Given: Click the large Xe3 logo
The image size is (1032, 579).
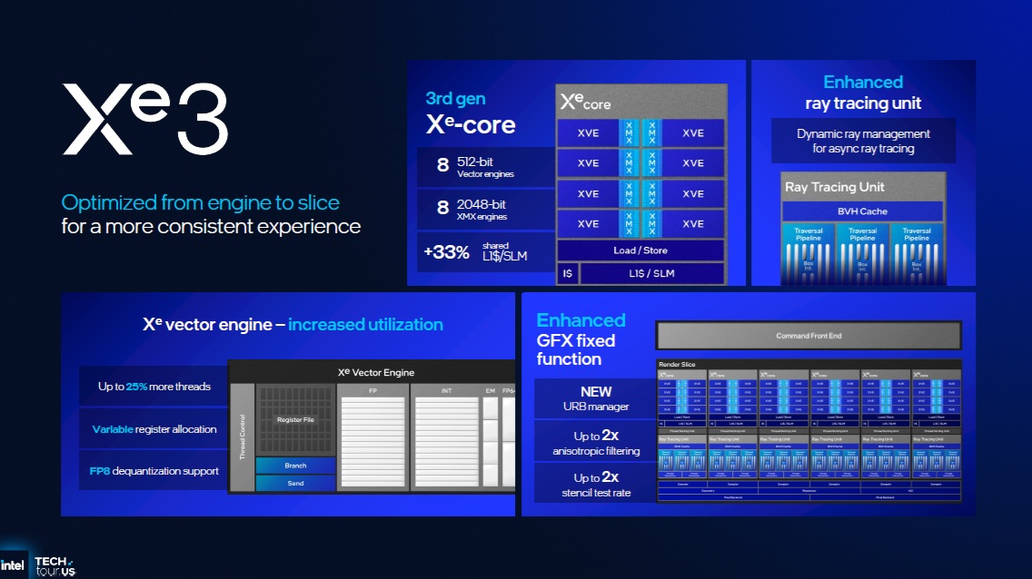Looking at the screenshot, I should [144, 120].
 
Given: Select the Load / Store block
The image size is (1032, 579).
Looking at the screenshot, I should [640, 250].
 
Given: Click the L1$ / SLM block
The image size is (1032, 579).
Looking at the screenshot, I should [650, 273].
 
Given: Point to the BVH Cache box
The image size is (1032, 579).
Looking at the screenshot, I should [862, 211].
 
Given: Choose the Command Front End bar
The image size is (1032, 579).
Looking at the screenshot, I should [808, 336].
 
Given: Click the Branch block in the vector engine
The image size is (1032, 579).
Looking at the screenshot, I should [295, 466].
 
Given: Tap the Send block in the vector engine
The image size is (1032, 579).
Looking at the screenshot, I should [295, 483].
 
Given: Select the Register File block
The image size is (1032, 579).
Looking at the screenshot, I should [295, 420].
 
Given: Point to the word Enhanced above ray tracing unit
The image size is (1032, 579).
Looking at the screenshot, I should [863, 83].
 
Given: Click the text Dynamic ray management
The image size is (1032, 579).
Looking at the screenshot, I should [863, 133].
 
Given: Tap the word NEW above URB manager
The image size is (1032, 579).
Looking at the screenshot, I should [596, 392].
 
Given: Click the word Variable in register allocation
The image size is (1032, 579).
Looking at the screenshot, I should [112, 429].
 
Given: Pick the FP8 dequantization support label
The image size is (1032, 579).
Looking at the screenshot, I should [154, 471].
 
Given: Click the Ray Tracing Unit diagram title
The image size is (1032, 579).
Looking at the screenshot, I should [835, 187].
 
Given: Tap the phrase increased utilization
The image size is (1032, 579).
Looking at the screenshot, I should [365, 324].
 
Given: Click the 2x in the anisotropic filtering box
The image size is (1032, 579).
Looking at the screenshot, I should [610, 436].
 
